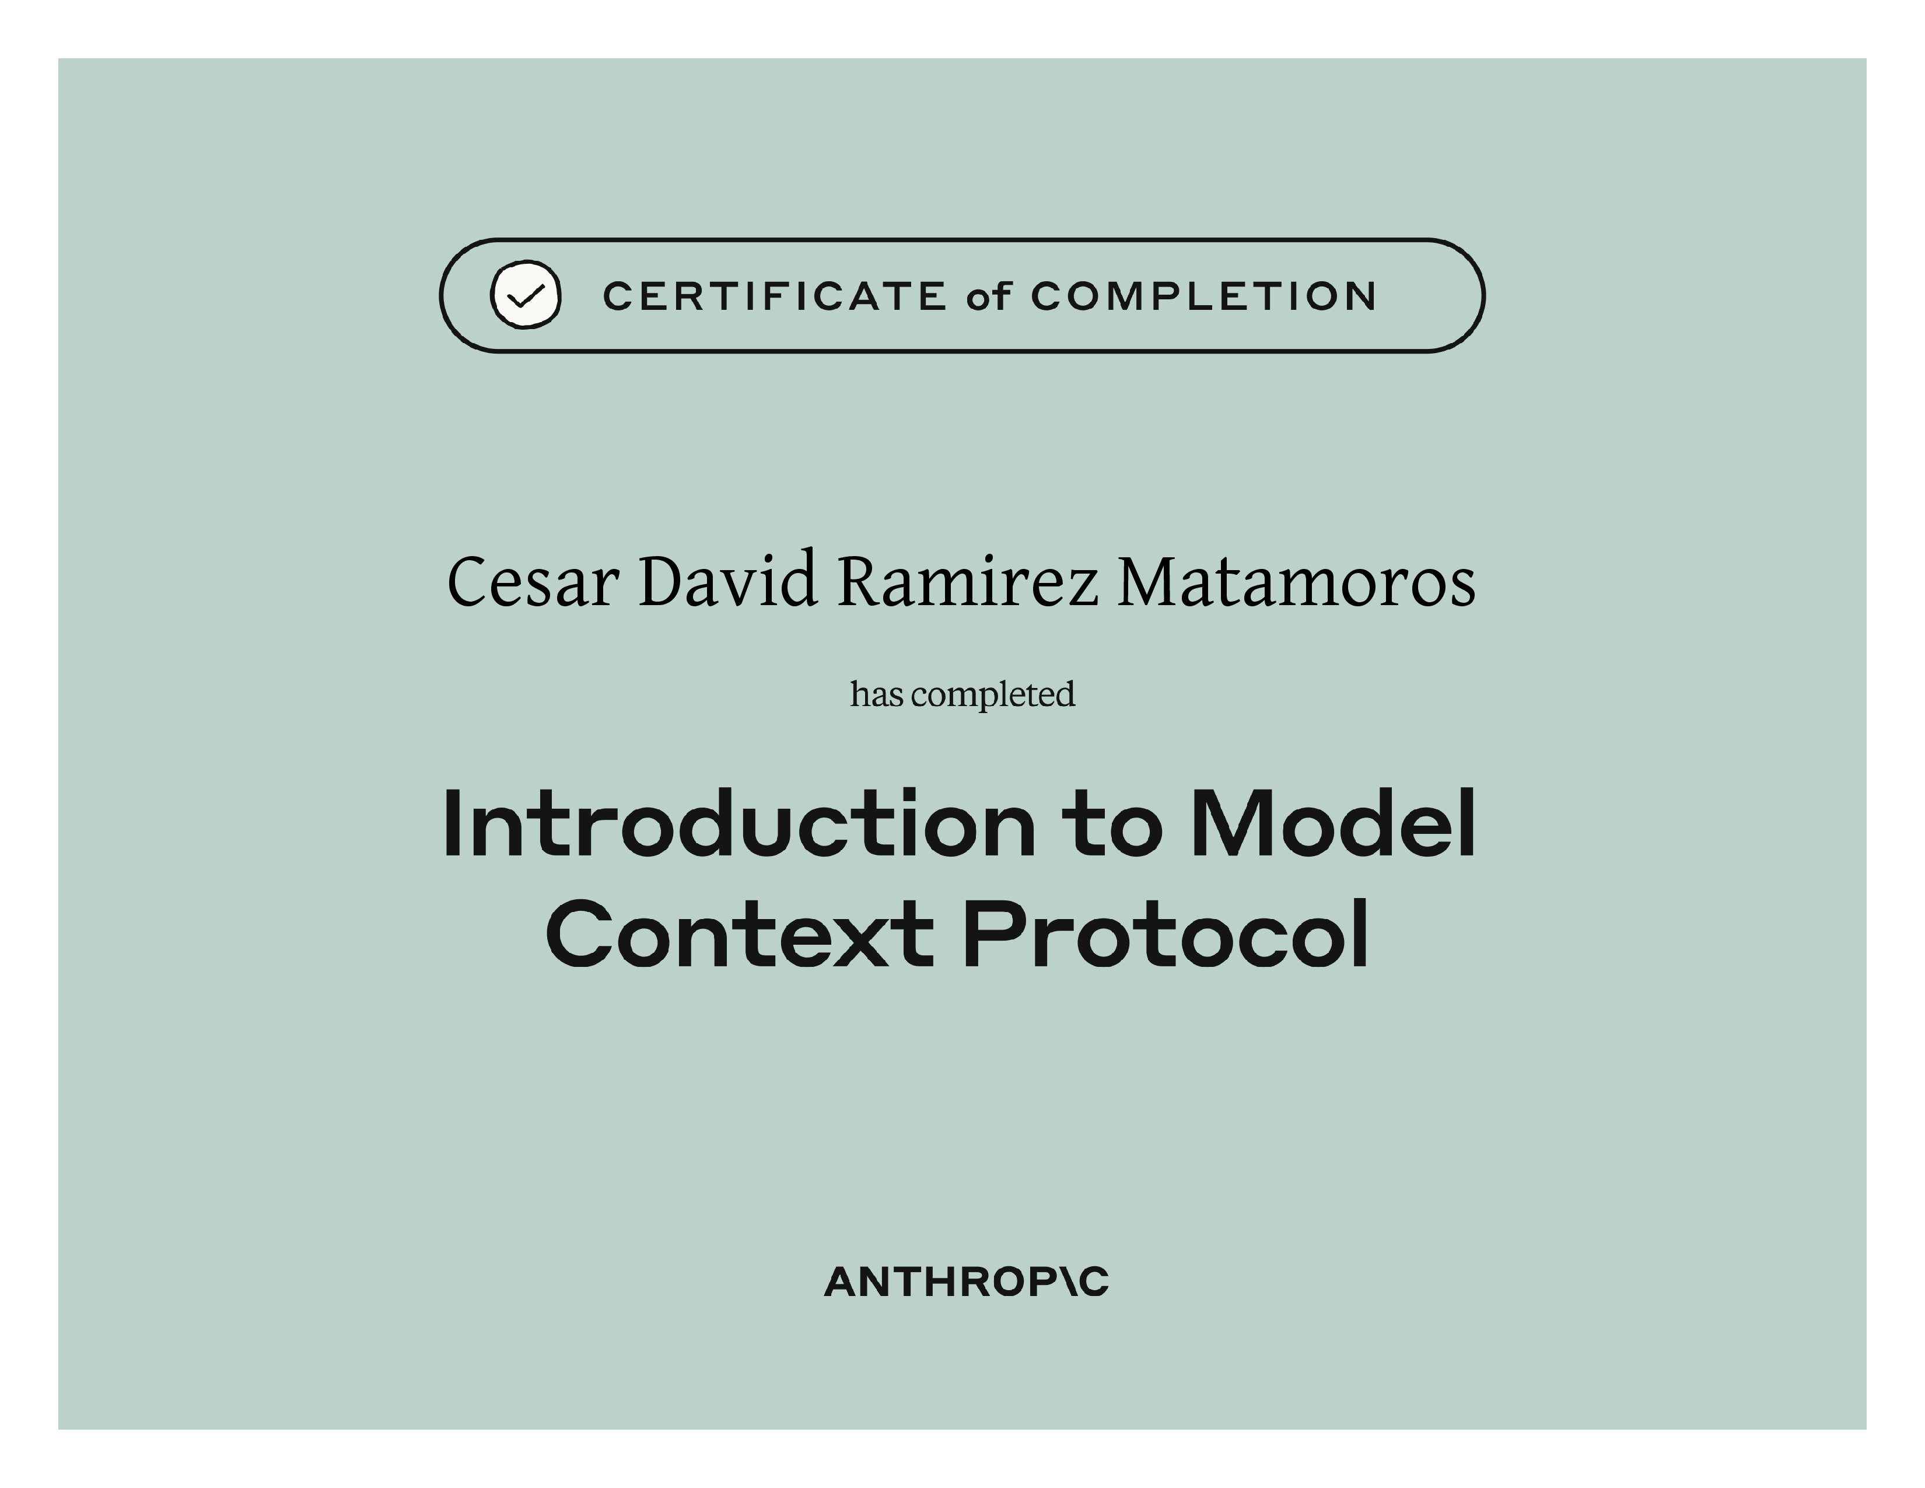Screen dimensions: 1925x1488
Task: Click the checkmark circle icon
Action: tap(526, 295)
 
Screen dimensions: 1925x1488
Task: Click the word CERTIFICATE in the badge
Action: tap(774, 296)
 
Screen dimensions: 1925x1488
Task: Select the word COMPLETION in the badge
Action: tap(1203, 296)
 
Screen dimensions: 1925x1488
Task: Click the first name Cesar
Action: tap(533, 582)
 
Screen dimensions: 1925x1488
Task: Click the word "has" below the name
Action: tap(877, 694)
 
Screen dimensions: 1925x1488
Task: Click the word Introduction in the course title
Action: tap(738, 823)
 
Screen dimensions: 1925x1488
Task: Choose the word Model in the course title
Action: tap(1333, 823)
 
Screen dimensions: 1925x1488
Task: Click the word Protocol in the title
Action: tap(1165, 934)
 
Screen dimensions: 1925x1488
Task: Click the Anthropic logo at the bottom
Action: tap(966, 1282)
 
